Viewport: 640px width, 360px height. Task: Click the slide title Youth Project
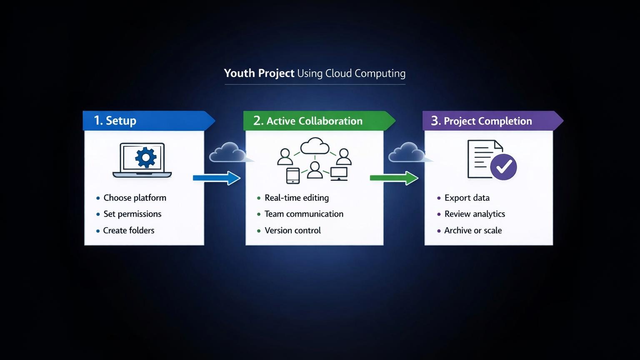tap(259, 73)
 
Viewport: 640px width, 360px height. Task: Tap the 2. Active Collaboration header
tap(315, 121)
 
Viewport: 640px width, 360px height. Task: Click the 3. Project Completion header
tap(487, 121)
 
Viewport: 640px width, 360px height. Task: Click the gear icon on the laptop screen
tap(146, 157)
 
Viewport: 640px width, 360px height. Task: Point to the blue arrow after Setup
tap(217, 178)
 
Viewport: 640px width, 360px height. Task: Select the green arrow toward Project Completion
tap(394, 178)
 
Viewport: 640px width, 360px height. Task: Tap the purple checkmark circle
tap(503, 167)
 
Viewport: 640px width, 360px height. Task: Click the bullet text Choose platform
tap(135, 198)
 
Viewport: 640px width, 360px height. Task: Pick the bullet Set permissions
tap(132, 214)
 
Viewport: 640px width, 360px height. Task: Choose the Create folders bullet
tap(128, 230)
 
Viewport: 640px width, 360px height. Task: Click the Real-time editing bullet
tap(296, 198)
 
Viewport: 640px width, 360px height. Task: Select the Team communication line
tap(304, 214)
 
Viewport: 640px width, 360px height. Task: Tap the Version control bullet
tap(292, 230)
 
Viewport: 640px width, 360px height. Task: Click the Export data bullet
tap(467, 198)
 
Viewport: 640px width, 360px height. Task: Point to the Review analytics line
tap(475, 214)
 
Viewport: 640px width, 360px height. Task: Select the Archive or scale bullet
tap(473, 230)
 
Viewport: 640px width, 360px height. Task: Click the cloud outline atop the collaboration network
tap(315, 146)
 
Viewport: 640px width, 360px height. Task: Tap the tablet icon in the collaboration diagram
tap(293, 175)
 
